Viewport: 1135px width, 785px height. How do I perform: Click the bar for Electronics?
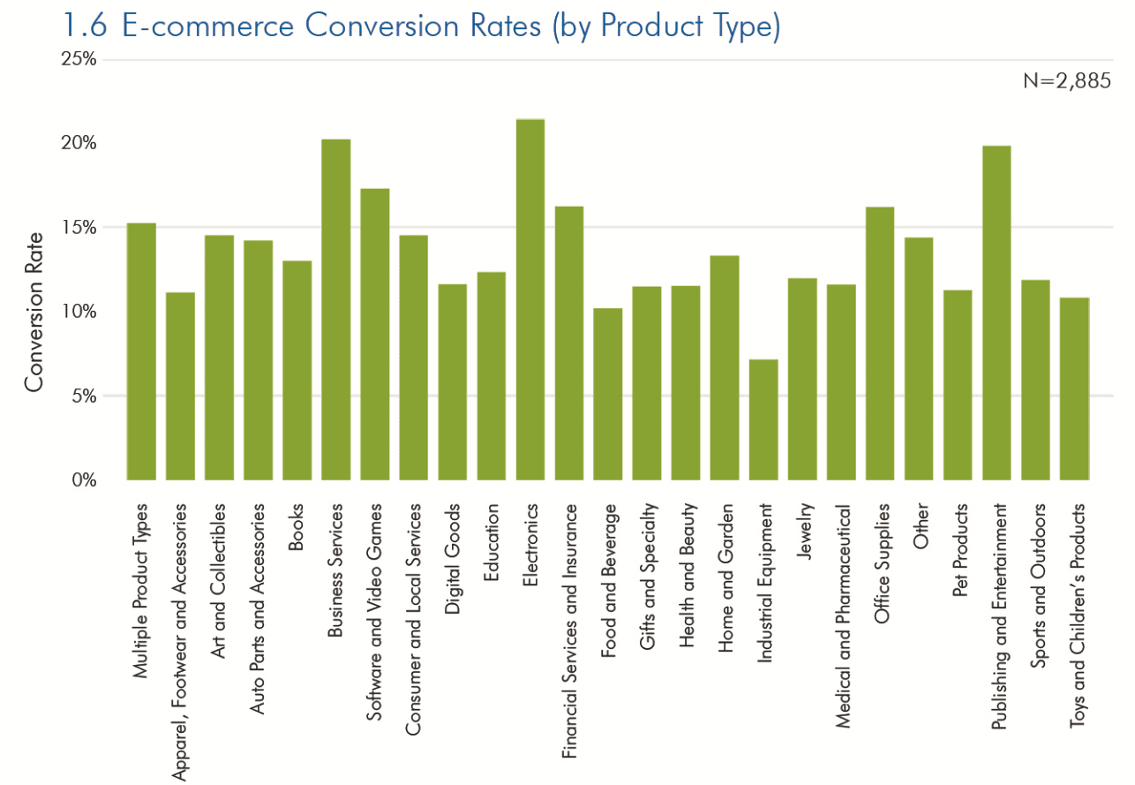coord(530,299)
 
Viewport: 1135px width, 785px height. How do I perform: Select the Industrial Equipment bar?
coord(763,419)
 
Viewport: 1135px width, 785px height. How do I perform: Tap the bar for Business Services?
coord(336,309)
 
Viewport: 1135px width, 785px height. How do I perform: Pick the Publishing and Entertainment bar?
coord(996,313)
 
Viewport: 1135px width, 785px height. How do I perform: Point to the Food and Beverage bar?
coord(608,394)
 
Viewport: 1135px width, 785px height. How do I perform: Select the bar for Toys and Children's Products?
coord(1074,389)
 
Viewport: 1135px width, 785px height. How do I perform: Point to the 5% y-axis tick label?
coord(83,396)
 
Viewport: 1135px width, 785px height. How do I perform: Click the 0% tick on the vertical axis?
coord(83,480)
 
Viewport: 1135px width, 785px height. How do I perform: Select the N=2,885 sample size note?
coord(1066,80)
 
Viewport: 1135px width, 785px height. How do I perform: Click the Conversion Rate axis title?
coord(34,312)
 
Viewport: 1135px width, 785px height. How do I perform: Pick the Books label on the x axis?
coord(297,527)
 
